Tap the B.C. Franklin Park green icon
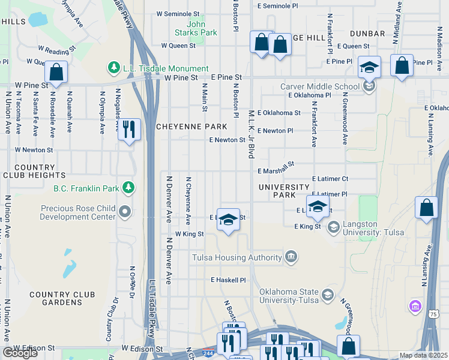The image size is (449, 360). (x=128, y=188)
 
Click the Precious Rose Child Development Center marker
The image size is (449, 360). (x=125, y=211)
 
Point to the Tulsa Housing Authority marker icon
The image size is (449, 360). (x=291, y=257)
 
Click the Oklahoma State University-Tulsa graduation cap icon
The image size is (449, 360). (x=328, y=294)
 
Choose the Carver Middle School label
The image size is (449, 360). (x=319, y=86)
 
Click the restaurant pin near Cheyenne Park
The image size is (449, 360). (x=129, y=130)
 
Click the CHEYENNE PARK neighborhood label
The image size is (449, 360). (x=191, y=127)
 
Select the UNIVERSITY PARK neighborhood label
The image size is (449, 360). (x=286, y=191)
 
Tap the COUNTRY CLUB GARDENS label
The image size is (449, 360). (x=62, y=298)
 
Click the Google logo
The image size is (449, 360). (x=20, y=352)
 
